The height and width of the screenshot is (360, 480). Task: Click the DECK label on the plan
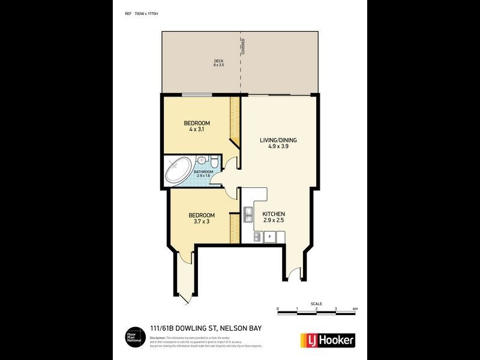coord(218,60)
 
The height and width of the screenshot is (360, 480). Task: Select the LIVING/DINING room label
coord(278,140)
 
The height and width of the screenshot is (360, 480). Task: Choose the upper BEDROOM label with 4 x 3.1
coord(196,125)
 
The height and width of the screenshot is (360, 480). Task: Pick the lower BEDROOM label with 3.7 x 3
coord(202,215)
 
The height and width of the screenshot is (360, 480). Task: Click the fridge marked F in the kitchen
coord(270,237)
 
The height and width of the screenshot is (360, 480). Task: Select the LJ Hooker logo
coord(327,340)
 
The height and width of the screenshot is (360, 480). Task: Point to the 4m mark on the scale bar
coord(355,309)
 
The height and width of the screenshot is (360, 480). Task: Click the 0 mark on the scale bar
coord(278,309)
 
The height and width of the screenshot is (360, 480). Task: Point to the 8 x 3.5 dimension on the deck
coord(218,65)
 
